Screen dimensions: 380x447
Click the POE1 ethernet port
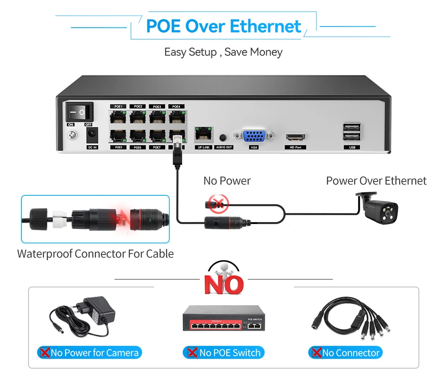point(118,117)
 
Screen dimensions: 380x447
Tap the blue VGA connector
point(254,136)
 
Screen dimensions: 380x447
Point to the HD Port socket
point(295,136)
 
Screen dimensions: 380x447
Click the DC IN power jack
point(92,134)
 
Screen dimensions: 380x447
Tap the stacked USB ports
point(352,132)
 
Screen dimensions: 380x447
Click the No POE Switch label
point(224,353)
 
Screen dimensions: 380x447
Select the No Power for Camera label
point(89,353)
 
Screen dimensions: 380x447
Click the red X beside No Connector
point(316,353)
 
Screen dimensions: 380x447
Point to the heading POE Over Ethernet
point(223,26)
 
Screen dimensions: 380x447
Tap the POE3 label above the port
point(157,107)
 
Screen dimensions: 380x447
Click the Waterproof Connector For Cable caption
point(95,254)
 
